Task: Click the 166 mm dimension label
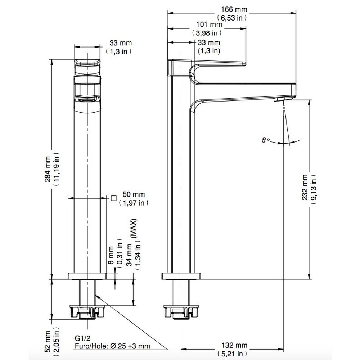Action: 234,9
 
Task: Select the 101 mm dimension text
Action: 209,24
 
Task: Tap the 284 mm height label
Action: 48,169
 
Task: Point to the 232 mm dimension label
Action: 305,187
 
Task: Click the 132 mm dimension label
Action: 234,345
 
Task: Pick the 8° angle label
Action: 266,140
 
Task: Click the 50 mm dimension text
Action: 134,194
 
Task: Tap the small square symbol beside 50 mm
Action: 114,198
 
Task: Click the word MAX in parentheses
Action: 134,228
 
